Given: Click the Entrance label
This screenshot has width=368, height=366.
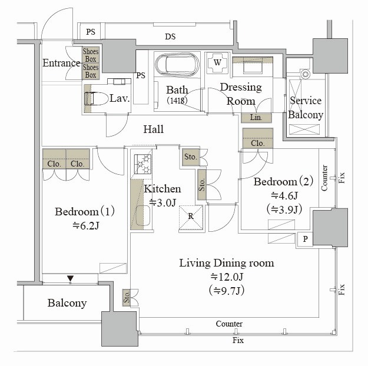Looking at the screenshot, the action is coord(61,63).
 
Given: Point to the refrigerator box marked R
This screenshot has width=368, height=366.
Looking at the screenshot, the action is coord(191,216).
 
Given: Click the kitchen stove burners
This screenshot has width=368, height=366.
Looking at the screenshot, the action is coord(142,163).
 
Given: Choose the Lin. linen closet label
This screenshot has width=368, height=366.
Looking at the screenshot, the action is coord(256,117).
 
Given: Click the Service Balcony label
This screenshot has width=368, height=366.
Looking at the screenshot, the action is coord(306,108).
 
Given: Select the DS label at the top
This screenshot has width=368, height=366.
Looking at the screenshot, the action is coord(170,36).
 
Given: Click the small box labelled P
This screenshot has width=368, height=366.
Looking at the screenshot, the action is coord(305,238).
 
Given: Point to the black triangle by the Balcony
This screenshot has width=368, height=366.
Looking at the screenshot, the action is coord(70,278).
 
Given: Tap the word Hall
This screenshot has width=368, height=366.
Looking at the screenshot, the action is coord(154,129).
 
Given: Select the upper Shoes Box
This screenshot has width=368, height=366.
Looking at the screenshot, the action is coord(90,55).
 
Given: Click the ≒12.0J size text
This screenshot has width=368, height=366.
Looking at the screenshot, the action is coord(226,277).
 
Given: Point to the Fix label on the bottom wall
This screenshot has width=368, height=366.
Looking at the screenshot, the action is coord(238,341).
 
